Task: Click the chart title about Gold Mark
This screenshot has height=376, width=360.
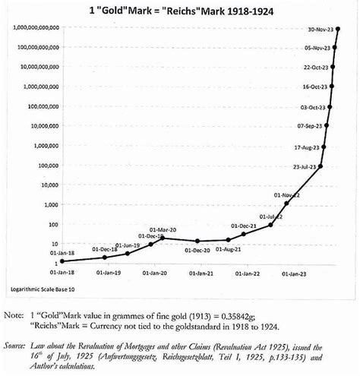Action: (x=180, y=10)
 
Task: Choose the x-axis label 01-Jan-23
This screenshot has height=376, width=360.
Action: (x=294, y=271)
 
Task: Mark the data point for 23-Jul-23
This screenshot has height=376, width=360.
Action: (x=321, y=166)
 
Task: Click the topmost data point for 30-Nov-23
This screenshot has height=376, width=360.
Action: (x=337, y=29)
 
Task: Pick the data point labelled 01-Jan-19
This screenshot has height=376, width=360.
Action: (x=105, y=258)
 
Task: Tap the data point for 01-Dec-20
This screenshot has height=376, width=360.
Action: (x=197, y=241)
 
